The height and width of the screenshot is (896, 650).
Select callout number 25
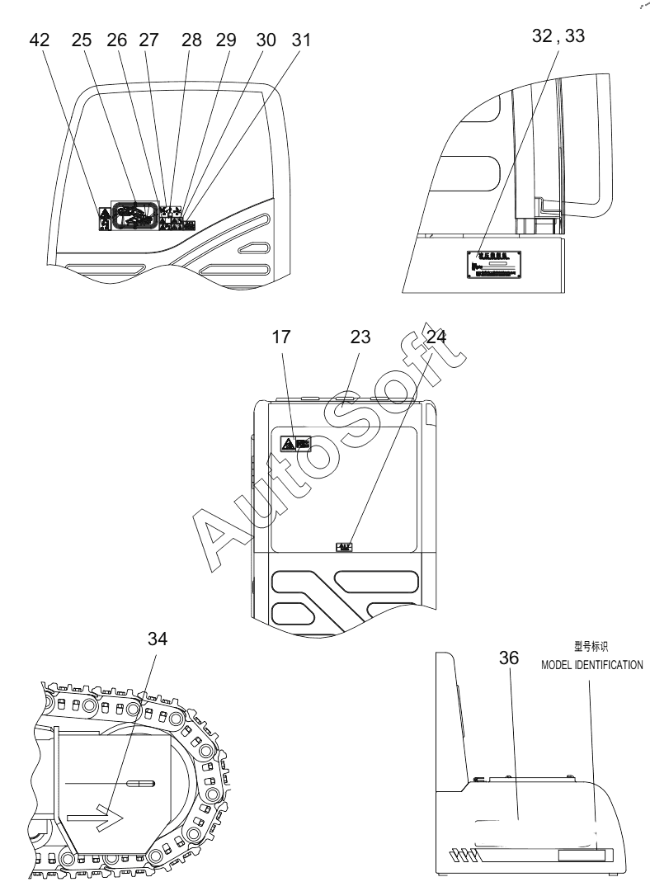coord(82,41)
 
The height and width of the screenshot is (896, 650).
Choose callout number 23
coord(360,337)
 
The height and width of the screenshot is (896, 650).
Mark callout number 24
coord(438,337)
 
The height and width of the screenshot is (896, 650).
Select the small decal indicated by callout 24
coord(344,546)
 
